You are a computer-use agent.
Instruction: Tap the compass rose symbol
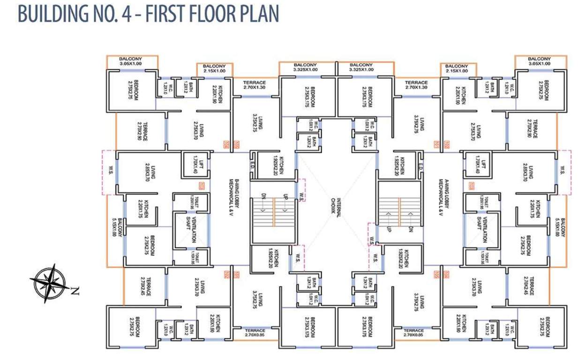pyautogui.click(x=48, y=283)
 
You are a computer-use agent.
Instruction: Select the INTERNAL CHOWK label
pyautogui.click(x=336, y=205)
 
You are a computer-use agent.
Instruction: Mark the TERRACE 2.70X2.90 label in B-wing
pyautogui.click(x=143, y=131)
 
